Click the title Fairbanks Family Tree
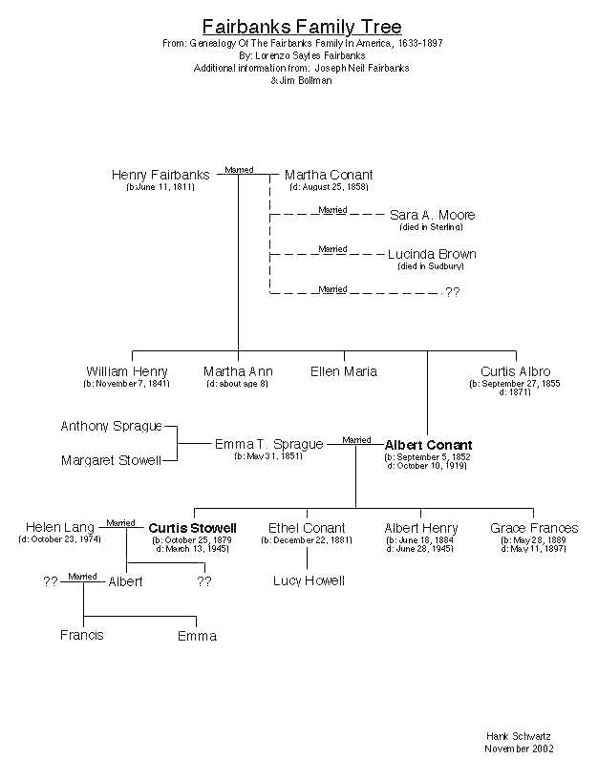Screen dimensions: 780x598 tap(302, 27)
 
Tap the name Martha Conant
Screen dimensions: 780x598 tap(329, 176)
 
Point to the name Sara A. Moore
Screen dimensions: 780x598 tap(432, 216)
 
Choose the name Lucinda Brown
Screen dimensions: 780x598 tap(432, 255)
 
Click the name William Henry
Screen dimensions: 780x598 tap(127, 371)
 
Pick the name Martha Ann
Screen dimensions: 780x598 tap(238, 371)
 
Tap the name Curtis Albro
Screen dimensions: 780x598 tap(516, 371)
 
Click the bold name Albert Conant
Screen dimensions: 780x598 tap(428, 445)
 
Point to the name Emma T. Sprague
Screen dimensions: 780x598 tap(269, 444)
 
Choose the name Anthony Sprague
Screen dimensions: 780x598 tap(112, 426)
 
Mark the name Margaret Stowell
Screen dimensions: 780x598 tap(111, 460)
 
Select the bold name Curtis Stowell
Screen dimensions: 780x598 tap(193, 528)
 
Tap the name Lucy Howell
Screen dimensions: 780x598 tap(309, 580)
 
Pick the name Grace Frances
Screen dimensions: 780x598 tap(534, 528)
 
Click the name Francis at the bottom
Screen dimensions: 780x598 tap(82, 635)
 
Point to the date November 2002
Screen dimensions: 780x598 tap(519, 748)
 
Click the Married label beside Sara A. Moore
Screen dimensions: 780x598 tap(332, 209)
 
